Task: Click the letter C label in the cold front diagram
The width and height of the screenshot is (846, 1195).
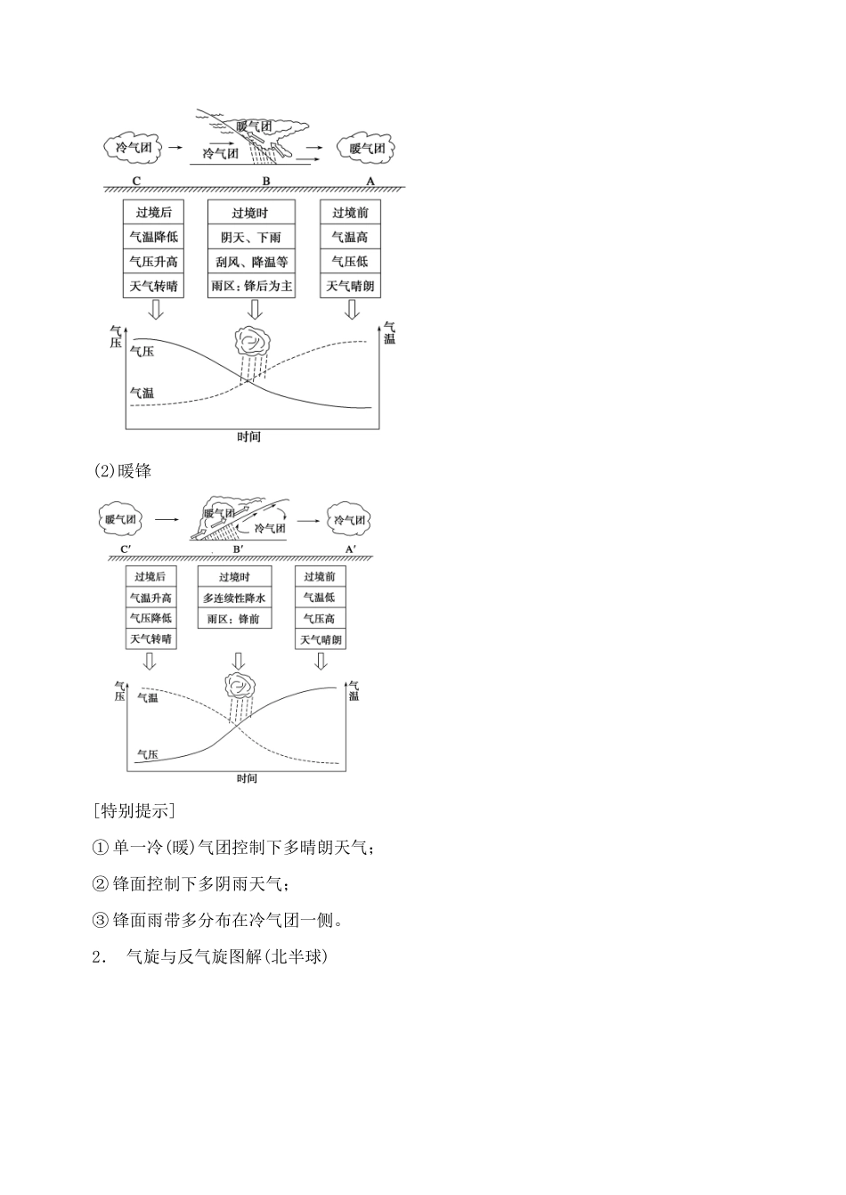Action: coord(136,182)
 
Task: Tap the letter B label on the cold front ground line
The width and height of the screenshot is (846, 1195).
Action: coord(265,182)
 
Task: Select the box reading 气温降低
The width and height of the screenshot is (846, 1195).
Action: coord(154,237)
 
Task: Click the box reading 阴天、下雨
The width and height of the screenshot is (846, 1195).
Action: coord(250,238)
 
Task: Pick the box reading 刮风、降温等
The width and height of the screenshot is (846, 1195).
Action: coord(250,262)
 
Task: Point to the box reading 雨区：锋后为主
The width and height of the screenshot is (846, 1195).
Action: coord(250,286)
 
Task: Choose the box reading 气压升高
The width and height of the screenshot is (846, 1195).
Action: coord(154,262)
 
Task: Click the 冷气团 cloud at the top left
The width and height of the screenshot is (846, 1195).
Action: coord(134,148)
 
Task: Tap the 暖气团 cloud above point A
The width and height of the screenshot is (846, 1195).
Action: coord(366,148)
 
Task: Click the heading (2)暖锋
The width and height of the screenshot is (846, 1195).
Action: coord(123,470)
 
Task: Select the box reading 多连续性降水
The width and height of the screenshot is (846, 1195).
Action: coord(234,598)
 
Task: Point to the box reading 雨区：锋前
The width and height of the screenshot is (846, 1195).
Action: coord(234,619)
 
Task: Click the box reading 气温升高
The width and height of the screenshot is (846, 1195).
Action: coord(150,598)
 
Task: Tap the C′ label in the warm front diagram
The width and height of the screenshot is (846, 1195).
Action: coord(125,550)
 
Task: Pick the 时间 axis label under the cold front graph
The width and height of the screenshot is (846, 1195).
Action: coord(249,437)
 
